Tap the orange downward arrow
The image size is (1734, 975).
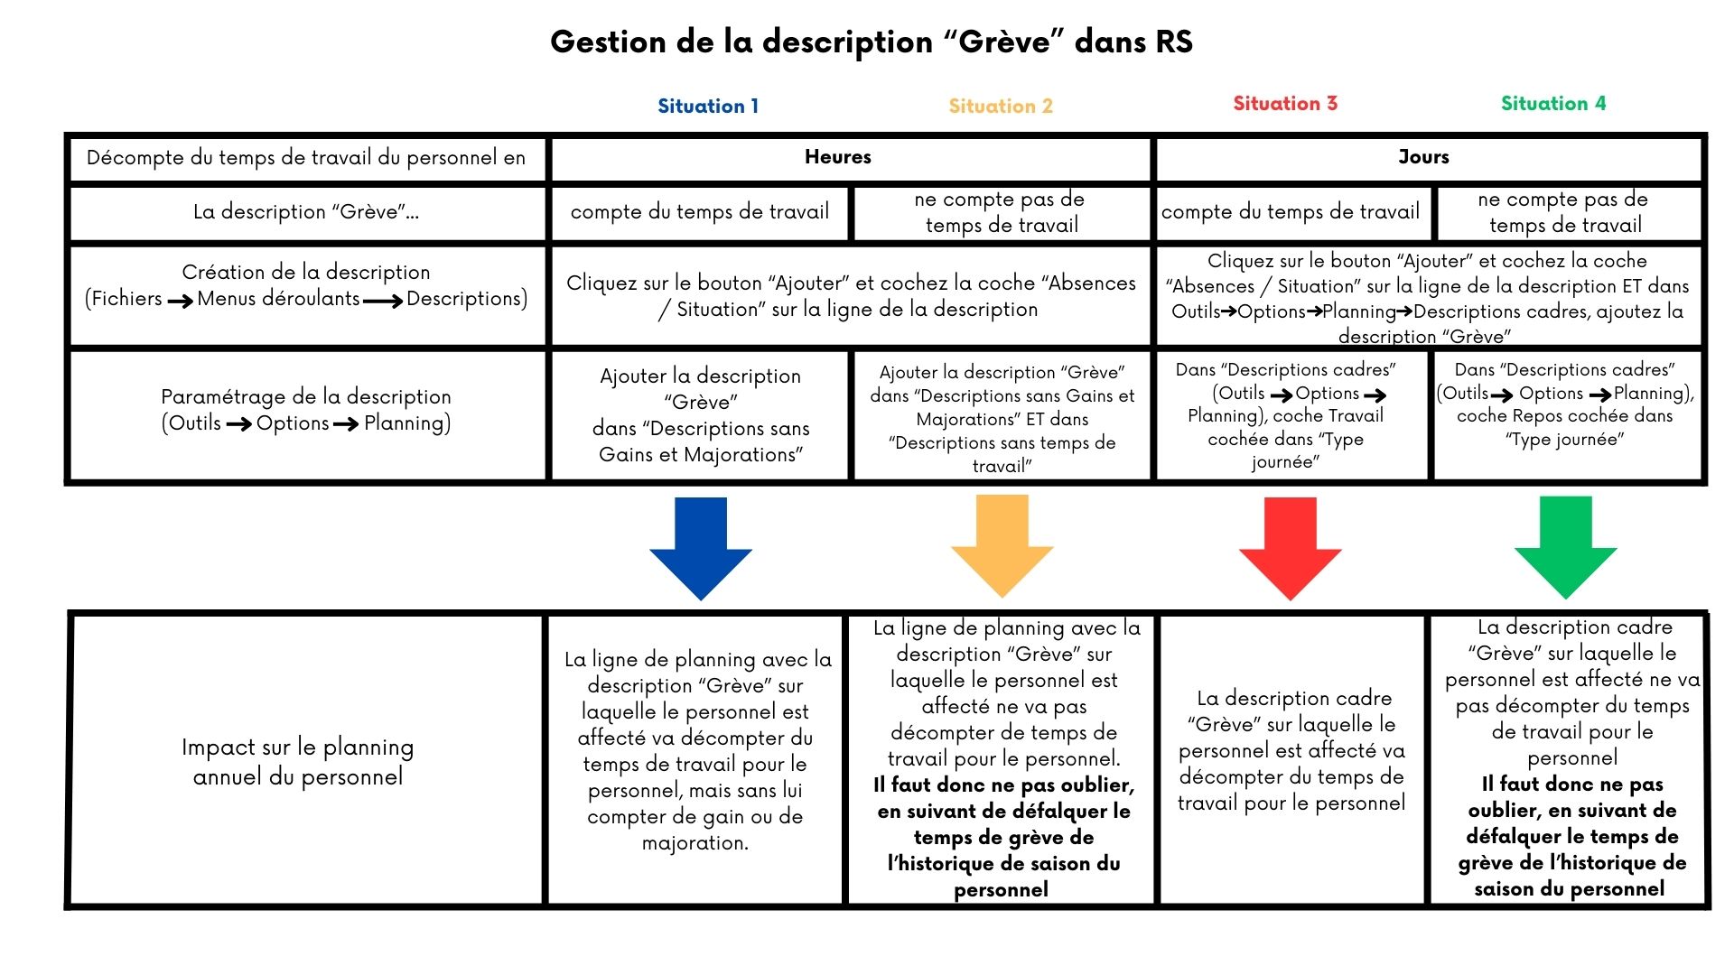pos(1002,546)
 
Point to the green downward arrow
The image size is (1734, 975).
pos(1565,546)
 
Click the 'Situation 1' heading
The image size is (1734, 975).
pos(708,106)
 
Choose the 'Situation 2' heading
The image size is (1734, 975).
pos(1001,106)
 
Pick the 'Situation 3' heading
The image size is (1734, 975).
pos(1285,103)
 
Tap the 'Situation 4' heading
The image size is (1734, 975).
pos(1553,103)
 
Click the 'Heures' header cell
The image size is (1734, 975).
pos(838,157)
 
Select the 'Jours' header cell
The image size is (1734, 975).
pos(1423,157)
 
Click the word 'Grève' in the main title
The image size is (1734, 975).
pos(1004,42)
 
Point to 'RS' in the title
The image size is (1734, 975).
pos(1173,42)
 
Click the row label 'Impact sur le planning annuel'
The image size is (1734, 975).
pos(298,761)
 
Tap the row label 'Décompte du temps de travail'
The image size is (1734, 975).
pos(306,158)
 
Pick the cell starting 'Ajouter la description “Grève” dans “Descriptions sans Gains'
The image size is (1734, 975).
pos(700,415)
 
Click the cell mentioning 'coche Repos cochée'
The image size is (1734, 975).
pos(1565,404)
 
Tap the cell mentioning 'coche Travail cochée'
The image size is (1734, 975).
pos(1286,415)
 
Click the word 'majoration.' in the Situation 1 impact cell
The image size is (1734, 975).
pos(695,843)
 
